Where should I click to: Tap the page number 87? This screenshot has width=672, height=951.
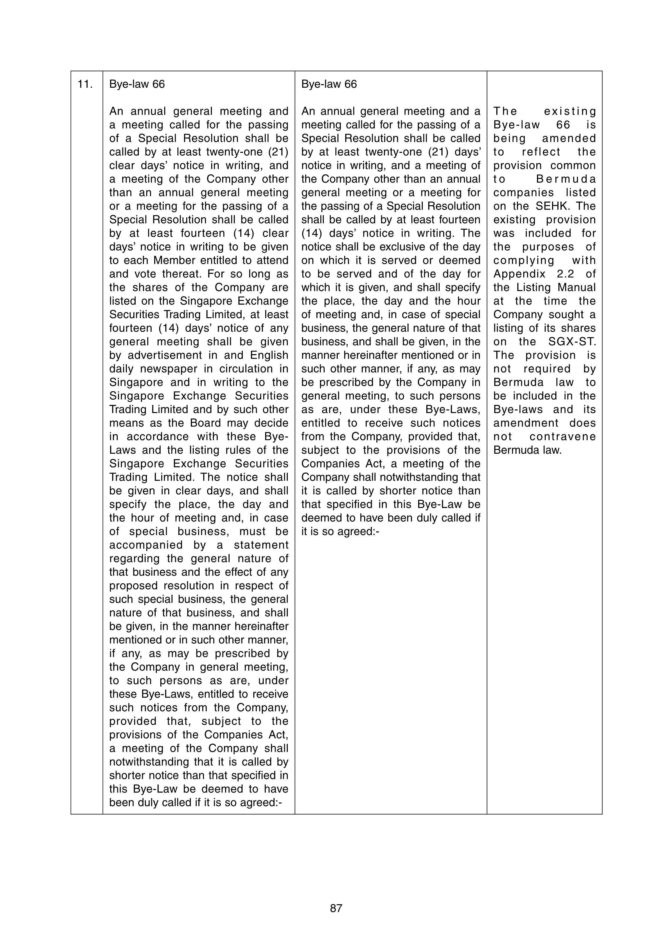336,908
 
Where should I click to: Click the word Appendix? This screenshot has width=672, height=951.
519,274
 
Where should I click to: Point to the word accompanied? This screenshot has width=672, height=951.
146,545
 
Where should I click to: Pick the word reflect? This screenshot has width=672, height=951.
541,152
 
